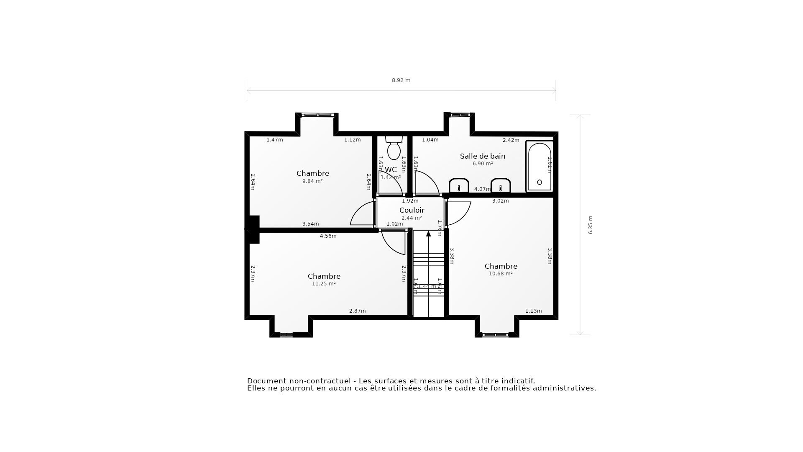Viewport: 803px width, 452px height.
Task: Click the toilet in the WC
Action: pyautogui.click(x=394, y=149)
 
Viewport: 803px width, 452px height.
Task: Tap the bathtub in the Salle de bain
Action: pyautogui.click(x=540, y=167)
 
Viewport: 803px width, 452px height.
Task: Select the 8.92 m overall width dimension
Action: pyautogui.click(x=401, y=80)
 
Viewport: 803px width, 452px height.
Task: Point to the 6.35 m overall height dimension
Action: pyautogui.click(x=591, y=225)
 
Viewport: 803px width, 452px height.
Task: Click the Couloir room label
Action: pyautogui.click(x=412, y=210)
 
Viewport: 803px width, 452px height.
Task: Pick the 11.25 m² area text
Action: pyautogui.click(x=324, y=284)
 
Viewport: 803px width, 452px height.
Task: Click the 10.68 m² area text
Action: pyautogui.click(x=501, y=274)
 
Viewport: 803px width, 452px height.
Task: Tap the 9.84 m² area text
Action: pyautogui.click(x=312, y=181)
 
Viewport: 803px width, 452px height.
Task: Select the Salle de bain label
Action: pyautogui.click(x=483, y=156)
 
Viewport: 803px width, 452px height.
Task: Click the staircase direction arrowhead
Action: pyautogui.click(x=428, y=234)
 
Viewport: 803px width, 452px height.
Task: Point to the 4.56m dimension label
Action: pyautogui.click(x=328, y=236)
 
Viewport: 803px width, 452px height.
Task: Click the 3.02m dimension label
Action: pyautogui.click(x=500, y=201)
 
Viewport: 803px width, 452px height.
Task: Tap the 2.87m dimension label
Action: pyautogui.click(x=357, y=311)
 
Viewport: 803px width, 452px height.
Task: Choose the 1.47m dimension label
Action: pyautogui.click(x=275, y=140)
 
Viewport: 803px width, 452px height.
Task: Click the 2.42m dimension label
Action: pyautogui.click(x=511, y=140)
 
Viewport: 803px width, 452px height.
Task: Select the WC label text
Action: pyautogui.click(x=391, y=169)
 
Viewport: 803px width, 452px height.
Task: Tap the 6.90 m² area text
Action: pyautogui.click(x=483, y=164)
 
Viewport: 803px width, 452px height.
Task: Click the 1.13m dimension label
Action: pyautogui.click(x=533, y=311)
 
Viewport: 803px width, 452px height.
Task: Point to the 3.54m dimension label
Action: pyautogui.click(x=310, y=224)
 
